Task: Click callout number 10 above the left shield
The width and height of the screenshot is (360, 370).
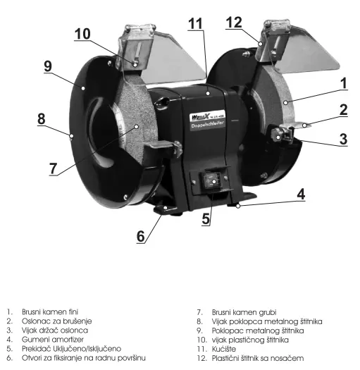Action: point(82,34)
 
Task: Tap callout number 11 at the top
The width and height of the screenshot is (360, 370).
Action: point(195,23)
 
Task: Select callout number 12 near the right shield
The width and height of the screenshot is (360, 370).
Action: point(234,23)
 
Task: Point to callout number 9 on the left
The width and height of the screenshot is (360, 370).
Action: point(48,66)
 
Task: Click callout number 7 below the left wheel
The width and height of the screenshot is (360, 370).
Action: point(54,168)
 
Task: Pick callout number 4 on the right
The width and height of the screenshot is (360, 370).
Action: point(301,195)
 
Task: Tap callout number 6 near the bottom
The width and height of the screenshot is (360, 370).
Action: point(141,236)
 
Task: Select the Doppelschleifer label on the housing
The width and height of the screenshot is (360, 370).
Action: point(208,124)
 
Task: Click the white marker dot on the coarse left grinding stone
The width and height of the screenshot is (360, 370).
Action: point(136,127)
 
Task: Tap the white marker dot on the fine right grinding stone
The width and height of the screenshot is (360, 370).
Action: point(285,103)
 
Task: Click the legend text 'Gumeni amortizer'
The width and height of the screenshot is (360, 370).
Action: point(53,340)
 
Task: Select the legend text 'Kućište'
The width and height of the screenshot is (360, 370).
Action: point(224,349)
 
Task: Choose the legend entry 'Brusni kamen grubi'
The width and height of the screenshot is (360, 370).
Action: point(244,312)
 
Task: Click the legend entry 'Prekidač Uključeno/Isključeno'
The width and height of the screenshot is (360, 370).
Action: point(71,349)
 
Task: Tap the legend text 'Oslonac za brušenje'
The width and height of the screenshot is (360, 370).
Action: point(56,321)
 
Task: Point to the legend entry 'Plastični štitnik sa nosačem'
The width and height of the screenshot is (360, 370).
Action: point(258,358)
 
